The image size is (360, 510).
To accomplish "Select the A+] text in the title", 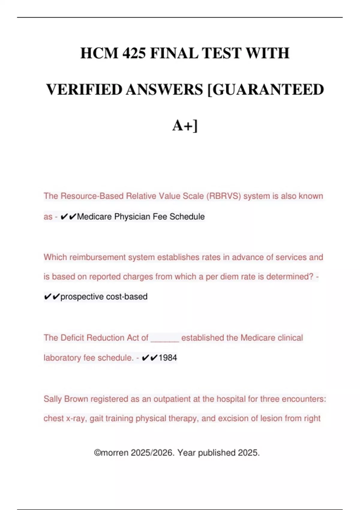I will pos(185,126).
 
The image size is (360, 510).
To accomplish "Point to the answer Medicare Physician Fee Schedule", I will pos(141,217).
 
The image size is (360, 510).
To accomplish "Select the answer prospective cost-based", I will pos(104,297).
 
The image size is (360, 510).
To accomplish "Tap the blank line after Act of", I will pos(165,338).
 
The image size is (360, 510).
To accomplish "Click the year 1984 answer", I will pos(168,358).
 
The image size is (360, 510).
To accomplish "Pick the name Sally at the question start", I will pos(52,399).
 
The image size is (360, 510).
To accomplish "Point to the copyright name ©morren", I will pos(111,453).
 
